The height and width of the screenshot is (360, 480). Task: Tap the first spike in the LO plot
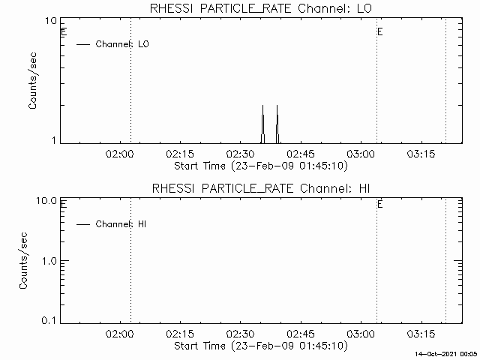coord(262,120)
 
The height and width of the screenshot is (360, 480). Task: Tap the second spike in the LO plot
coord(277,120)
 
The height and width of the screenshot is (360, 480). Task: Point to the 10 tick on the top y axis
coord(52,20)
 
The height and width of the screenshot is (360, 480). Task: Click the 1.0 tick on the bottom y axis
coord(50,260)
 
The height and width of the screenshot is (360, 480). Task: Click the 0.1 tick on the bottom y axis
coord(50,320)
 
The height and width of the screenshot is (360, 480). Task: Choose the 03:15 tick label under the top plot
coord(421,153)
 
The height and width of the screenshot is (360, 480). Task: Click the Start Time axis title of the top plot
coord(259,166)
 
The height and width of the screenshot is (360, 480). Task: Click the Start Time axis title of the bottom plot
coord(259,346)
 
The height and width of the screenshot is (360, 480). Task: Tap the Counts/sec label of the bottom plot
coord(24,260)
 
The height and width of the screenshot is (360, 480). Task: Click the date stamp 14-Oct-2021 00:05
coord(447,353)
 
